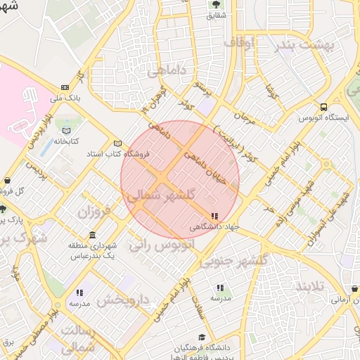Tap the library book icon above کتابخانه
pyautogui.click(x=67, y=131)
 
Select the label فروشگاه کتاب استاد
pyautogui.click(x=85, y=153)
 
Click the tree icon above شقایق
pyautogui.click(x=215, y=5)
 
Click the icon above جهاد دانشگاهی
pyautogui.click(x=214, y=216)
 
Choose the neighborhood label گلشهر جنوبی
pyautogui.click(x=233, y=261)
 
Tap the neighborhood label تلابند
pyautogui.click(x=313, y=286)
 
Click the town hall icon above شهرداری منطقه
pyautogui.click(x=93, y=235)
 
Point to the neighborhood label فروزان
pyautogui.click(x=94, y=211)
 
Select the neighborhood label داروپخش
pyautogui.click(x=123, y=300)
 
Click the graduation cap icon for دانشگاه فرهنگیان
pyautogui.click(x=202, y=337)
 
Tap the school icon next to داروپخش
pyautogui.click(x=79, y=292)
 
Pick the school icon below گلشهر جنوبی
pyautogui.click(x=220, y=288)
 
